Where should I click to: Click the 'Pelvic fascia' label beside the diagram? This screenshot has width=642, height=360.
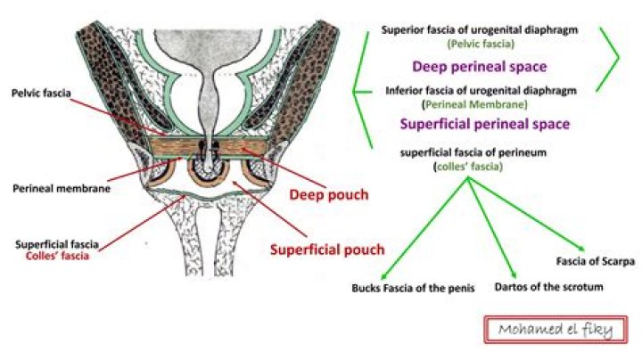point(41,94)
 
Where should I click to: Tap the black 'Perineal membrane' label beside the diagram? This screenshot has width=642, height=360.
point(62,189)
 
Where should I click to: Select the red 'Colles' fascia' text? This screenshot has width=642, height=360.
point(57,256)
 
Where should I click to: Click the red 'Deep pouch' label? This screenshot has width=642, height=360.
point(329,195)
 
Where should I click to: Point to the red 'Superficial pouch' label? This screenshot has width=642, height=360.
point(327,250)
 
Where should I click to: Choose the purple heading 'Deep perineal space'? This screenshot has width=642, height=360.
point(480,67)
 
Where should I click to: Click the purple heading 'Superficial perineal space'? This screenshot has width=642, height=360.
point(485,124)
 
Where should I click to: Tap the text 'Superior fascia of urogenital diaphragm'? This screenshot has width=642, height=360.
point(480,30)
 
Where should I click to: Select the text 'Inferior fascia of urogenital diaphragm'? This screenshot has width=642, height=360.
point(481,90)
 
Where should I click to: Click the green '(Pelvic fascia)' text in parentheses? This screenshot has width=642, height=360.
point(481,44)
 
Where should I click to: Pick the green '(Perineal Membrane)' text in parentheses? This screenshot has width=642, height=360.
point(475,104)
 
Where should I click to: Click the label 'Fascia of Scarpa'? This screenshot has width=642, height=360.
point(596,261)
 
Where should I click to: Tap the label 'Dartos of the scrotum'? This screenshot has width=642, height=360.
point(548,287)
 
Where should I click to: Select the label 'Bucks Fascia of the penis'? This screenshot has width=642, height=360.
point(413,289)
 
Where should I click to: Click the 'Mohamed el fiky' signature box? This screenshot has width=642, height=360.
point(556,330)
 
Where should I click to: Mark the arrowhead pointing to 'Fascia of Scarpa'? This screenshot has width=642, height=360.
point(580,248)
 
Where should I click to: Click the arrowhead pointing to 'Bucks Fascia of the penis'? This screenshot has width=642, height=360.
point(383,276)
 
